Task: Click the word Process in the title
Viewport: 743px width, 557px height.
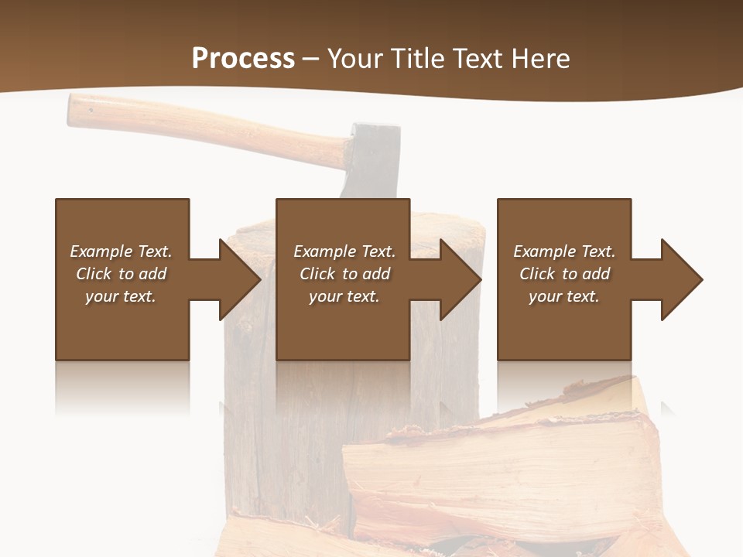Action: pos(243,59)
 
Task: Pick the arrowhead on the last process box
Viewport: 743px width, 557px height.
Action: pos(682,279)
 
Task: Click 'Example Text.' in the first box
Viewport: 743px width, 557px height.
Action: pos(121,251)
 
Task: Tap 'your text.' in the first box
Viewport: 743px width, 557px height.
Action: pos(121,296)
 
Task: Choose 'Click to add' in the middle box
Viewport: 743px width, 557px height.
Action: pos(344,274)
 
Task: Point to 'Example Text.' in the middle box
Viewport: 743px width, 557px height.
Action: pos(344,251)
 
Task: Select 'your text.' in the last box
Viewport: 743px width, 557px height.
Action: pos(564,296)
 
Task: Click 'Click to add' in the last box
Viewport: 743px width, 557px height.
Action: pos(564,274)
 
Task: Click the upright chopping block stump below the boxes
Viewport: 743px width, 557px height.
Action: pos(294,433)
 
